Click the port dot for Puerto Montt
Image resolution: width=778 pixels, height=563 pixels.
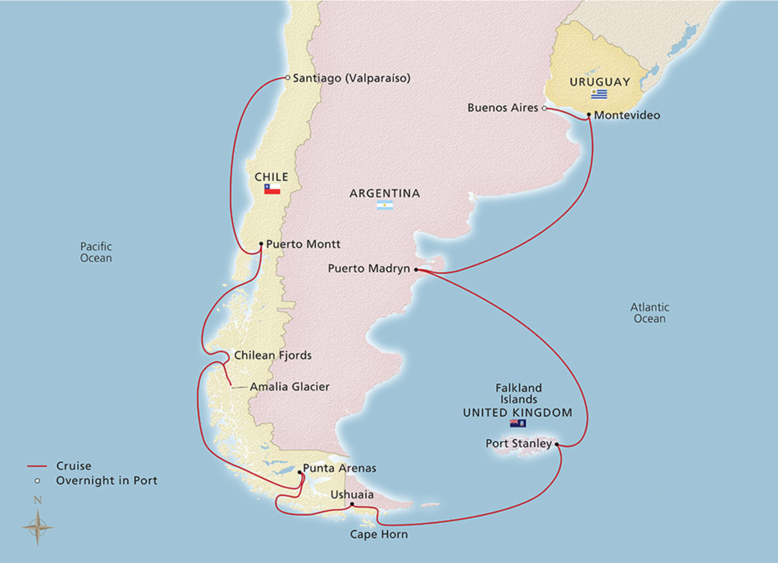[x=261, y=244]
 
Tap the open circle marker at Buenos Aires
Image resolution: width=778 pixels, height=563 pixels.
[x=545, y=109]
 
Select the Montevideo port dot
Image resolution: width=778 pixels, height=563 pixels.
[x=589, y=115]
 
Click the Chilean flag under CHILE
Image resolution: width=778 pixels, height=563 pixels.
[x=272, y=189]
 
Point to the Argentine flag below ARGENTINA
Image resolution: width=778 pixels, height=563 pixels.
[x=385, y=205]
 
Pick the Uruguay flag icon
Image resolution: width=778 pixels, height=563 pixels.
[x=599, y=94]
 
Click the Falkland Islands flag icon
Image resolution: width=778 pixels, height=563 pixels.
[x=518, y=424]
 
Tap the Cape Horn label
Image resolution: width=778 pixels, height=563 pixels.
[x=378, y=534]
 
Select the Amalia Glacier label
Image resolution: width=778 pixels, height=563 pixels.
[x=290, y=387]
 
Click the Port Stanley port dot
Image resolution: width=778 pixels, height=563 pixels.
[x=557, y=444]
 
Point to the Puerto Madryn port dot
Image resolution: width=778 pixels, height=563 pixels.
[x=416, y=270]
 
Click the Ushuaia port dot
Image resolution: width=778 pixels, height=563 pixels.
[x=352, y=505]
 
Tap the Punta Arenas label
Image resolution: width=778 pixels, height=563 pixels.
[x=339, y=468]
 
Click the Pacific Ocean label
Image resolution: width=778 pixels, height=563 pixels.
[x=96, y=252]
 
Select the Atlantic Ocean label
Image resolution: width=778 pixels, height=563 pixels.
[x=650, y=313]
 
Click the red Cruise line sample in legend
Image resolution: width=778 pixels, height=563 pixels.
[x=37, y=466]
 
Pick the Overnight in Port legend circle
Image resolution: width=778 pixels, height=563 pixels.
[x=37, y=481]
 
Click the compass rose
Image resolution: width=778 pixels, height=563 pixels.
[x=37, y=527]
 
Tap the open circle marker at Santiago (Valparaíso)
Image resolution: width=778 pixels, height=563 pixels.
[x=288, y=78]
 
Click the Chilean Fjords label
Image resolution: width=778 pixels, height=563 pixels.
[x=273, y=355]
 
